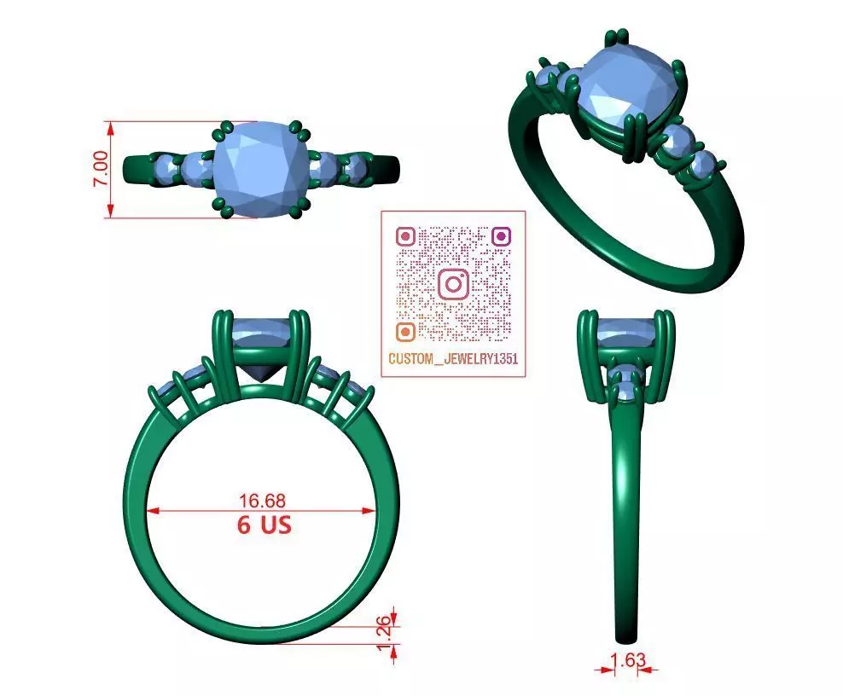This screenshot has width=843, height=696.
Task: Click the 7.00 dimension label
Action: point(101,170)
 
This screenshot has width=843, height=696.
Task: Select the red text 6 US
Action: point(264,525)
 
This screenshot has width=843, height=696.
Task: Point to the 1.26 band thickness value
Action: point(385,631)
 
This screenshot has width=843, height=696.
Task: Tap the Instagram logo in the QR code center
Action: point(454,283)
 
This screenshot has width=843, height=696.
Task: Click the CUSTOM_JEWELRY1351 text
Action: point(453,359)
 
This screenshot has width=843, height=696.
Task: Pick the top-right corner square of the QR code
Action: point(502,235)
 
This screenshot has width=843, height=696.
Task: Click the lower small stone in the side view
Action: point(628,391)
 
